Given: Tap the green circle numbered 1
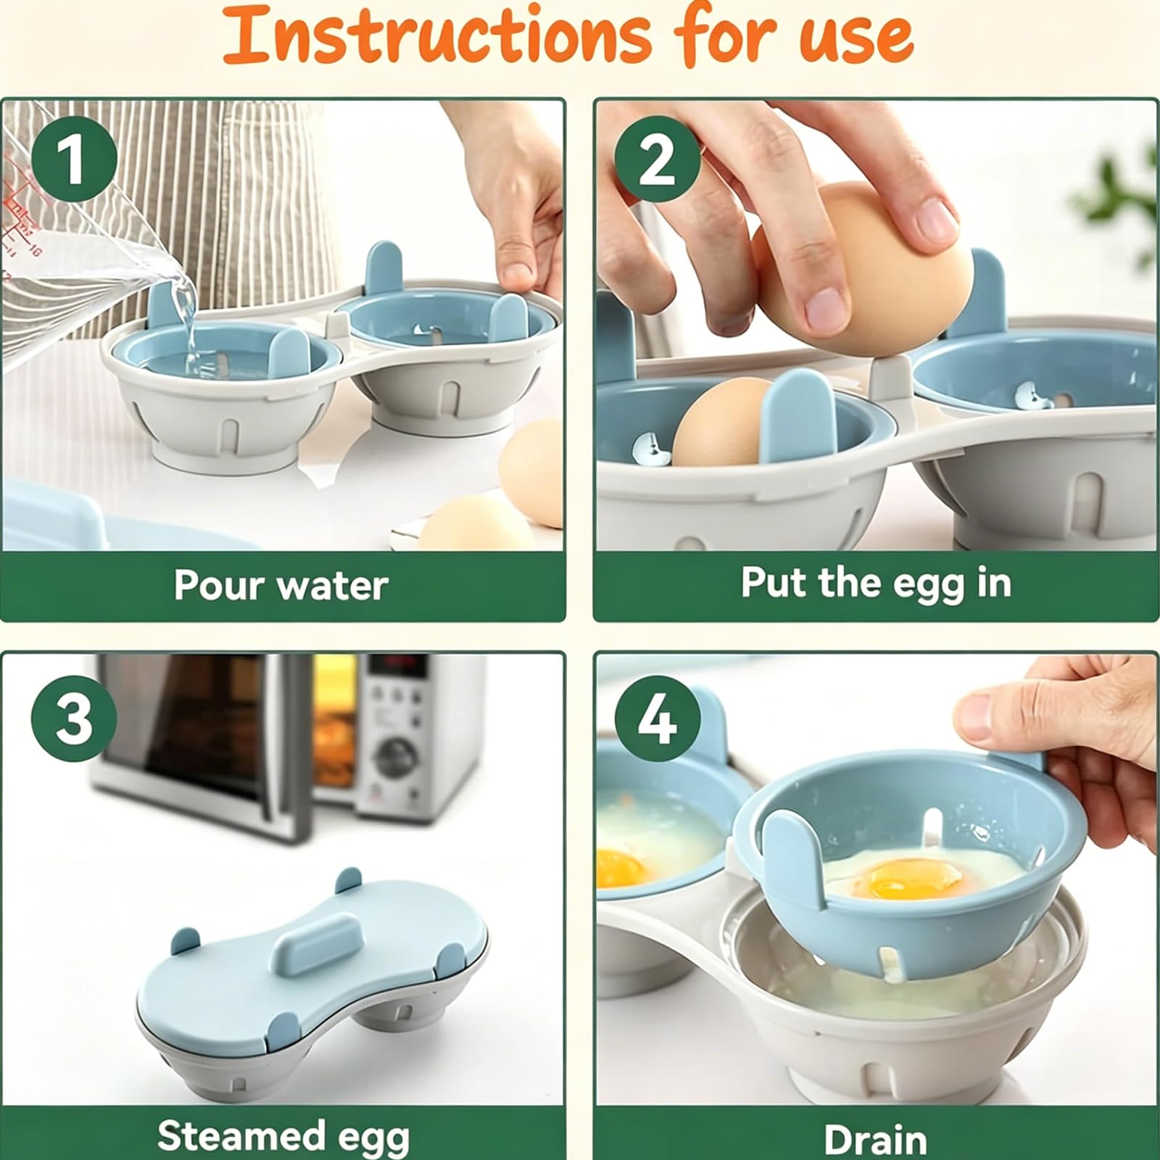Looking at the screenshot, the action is pos(74,159).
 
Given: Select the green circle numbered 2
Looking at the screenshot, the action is pos(657,159).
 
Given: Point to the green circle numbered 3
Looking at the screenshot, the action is pos(74,718).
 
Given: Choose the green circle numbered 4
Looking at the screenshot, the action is pos(658,718).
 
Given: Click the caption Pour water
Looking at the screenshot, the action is pos(281,585).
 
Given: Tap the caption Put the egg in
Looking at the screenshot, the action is pos(876,584).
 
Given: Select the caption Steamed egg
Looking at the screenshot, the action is pos(283,1136).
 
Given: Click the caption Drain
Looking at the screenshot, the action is pos(875,1140).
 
